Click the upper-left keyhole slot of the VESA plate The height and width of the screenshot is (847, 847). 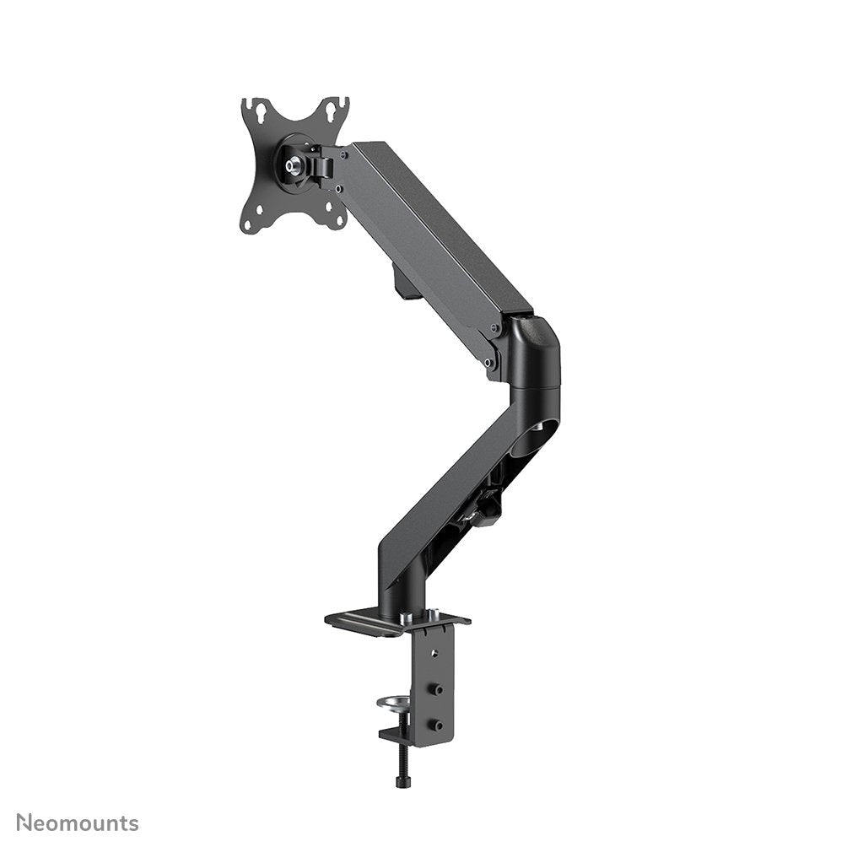coord(260,110)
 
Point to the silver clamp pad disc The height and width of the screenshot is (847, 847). coord(395,702)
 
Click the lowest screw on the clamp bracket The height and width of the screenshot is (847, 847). coord(437,724)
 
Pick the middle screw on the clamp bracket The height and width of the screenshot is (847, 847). coord(437,690)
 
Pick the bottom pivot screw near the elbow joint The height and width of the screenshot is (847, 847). coord(488,364)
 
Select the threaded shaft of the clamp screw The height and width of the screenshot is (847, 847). coord(398,755)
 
